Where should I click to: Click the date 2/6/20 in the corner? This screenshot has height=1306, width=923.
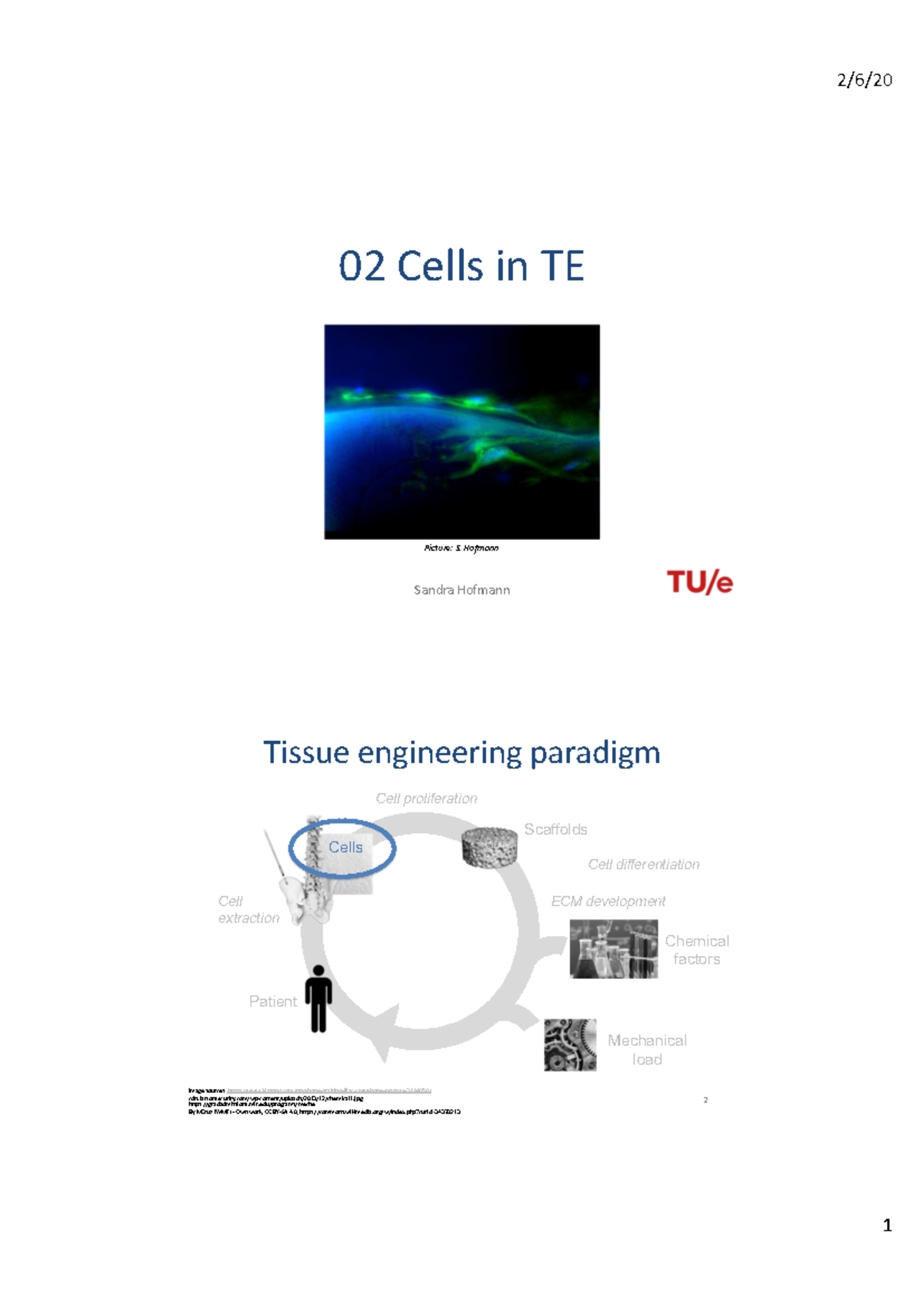click(864, 80)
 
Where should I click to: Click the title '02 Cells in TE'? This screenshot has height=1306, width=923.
click(461, 266)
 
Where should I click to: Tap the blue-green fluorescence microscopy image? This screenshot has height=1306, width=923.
click(461, 431)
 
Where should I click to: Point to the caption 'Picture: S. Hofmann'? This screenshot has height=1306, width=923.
click(461, 548)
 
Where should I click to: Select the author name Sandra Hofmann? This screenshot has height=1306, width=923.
click(461, 590)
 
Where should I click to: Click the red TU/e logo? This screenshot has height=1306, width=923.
click(699, 582)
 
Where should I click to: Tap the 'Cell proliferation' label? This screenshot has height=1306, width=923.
click(426, 798)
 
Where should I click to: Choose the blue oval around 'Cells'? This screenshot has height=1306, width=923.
click(342, 848)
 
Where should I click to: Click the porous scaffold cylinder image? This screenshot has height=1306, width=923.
click(489, 848)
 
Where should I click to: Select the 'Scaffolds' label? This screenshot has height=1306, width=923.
click(555, 829)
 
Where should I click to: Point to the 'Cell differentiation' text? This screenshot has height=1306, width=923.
click(644, 865)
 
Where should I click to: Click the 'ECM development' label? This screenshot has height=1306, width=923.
click(608, 901)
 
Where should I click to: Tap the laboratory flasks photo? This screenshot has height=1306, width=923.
click(613, 949)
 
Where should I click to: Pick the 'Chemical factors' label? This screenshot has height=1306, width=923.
click(697, 950)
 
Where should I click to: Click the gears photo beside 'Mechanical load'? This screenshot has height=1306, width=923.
click(570, 1045)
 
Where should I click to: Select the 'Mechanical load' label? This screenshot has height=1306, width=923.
click(647, 1050)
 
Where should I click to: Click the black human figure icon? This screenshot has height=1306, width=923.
click(318, 998)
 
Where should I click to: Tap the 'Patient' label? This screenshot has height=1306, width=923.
click(272, 1001)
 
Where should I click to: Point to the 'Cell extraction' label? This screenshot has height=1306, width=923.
click(248, 910)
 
